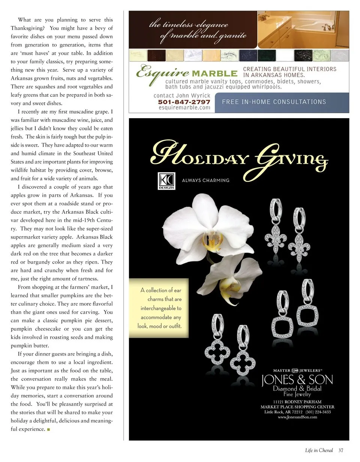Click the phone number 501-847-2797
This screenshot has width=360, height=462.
pos(184,102)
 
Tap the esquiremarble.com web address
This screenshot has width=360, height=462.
pos(184,108)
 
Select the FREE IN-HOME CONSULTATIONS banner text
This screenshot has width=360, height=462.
pos(274,102)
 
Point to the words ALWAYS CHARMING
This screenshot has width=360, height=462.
pos(205,180)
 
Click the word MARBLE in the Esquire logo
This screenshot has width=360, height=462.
pos(214,73)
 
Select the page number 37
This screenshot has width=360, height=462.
pos(340,450)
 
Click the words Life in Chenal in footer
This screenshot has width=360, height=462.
pos(319,450)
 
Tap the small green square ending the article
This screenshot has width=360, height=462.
pos(48,429)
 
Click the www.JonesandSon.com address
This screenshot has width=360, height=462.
pos(297,417)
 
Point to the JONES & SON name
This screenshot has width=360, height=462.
pos(297,380)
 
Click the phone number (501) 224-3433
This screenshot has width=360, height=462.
pos(318,412)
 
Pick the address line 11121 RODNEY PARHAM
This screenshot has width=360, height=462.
pos(297,402)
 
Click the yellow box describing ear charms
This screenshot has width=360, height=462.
pos(159,308)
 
